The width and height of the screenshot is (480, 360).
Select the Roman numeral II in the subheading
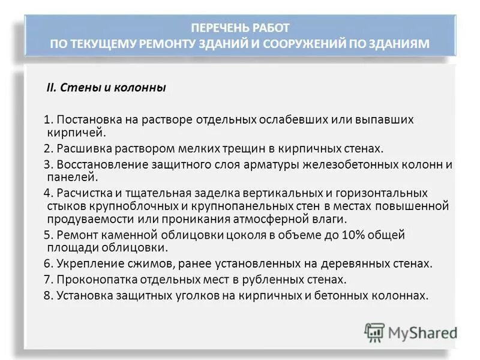click(x=51, y=88)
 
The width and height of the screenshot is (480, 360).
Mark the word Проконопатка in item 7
click(x=92, y=280)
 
